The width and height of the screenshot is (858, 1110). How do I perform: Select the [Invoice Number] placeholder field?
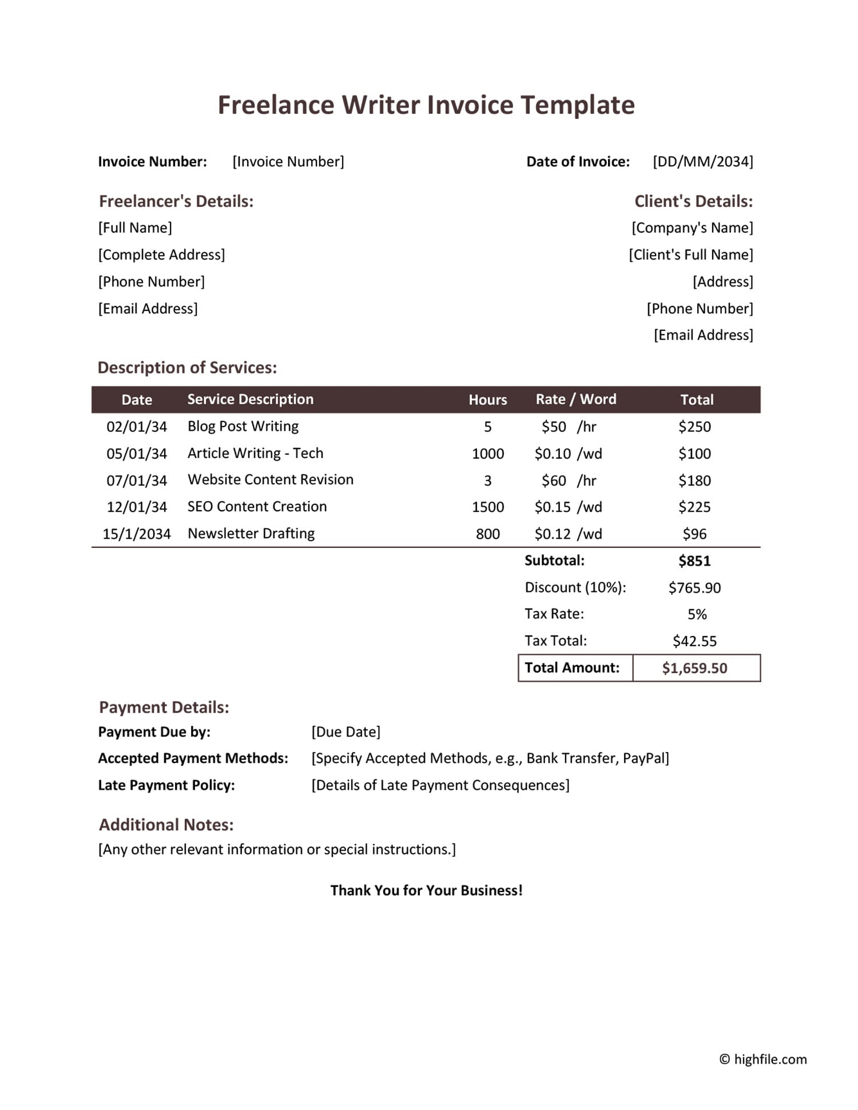coord(288,162)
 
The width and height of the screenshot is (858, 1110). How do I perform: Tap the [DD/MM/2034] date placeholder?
coord(703,162)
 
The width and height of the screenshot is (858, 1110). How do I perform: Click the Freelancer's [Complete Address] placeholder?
coord(162,255)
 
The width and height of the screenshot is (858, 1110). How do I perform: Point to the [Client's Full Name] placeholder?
coord(691,255)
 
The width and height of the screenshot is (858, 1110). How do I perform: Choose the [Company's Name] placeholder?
coord(692,228)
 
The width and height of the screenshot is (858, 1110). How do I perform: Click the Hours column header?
coord(488,400)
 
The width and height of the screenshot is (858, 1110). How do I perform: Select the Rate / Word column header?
coord(576,400)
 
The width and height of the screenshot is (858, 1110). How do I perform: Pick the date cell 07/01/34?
coord(137,480)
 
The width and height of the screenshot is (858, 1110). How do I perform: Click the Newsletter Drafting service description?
coord(251,534)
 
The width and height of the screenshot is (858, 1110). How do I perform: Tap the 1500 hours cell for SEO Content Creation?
coord(488,507)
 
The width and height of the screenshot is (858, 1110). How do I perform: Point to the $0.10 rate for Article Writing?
coord(553,454)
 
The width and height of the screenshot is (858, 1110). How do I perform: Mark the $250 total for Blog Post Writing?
coord(694,427)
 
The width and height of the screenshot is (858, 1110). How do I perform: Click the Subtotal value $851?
coord(694,561)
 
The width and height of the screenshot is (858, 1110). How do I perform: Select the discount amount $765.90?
coord(694,588)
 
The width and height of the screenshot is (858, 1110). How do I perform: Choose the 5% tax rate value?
coord(697,615)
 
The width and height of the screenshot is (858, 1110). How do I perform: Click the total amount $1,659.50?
coord(694,669)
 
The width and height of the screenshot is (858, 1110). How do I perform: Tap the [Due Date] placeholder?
coord(346,732)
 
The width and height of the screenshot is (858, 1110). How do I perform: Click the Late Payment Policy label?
coord(166,786)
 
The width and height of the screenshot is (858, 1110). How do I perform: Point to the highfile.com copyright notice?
coord(763,1060)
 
